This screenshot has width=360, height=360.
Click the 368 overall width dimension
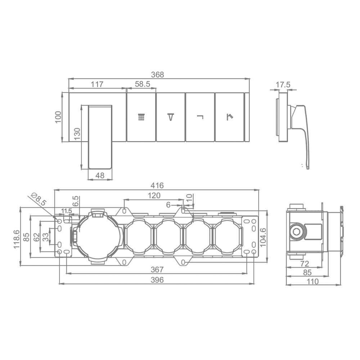[158, 75]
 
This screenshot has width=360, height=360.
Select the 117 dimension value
[97, 84]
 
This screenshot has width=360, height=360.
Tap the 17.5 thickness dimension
[283, 85]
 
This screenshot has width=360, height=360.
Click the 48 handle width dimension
[100, 175]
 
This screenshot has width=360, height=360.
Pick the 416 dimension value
[157, 185]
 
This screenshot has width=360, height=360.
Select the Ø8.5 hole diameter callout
[39, 199]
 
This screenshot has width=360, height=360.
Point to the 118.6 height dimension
[17, 239]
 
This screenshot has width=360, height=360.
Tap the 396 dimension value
[157, 280]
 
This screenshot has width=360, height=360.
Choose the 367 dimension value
[157, 269]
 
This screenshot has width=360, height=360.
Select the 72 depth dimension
[305, 264]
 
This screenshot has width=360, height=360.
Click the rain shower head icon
[141, 117]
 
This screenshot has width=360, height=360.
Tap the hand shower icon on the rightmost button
[230, 117]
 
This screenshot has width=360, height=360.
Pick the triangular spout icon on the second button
[171, 117]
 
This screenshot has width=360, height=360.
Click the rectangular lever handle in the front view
[100, 137]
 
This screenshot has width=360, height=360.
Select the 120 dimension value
[154, 195]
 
